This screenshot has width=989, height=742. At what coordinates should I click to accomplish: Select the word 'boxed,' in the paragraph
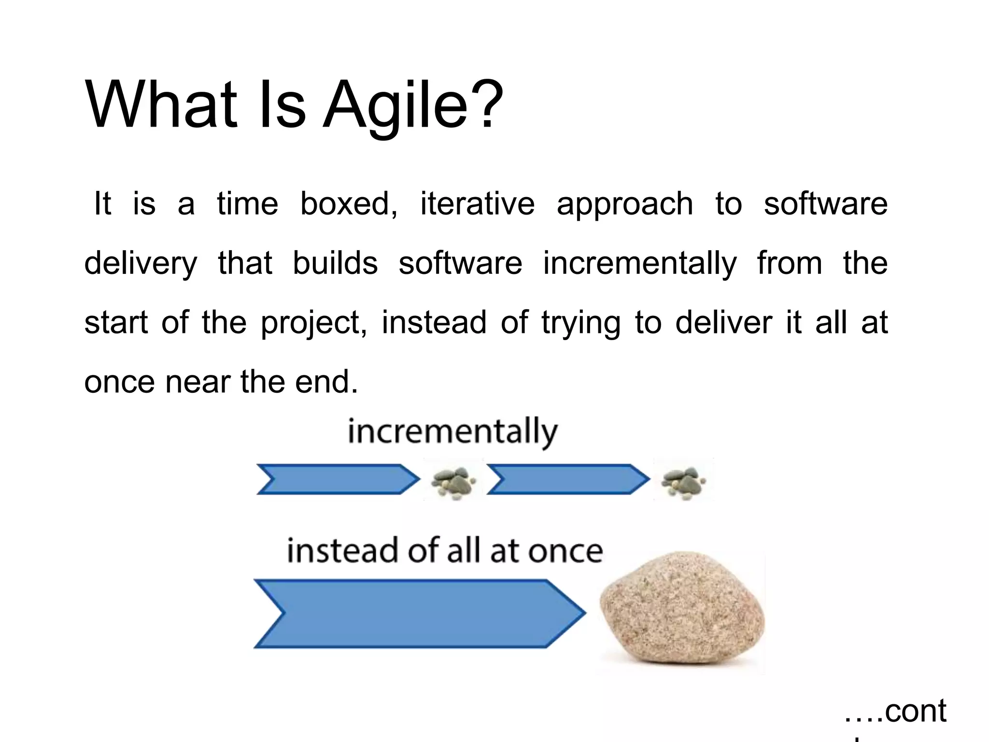(349, 204)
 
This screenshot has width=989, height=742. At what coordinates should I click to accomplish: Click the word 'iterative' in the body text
(477, 203)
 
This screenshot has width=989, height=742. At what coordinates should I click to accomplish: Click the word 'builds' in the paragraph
(335, 263)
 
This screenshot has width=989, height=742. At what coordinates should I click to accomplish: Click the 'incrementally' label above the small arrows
(452, 431)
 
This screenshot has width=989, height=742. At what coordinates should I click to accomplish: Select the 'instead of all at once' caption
(445, 550)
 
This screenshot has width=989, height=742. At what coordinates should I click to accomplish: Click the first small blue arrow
(337, 479)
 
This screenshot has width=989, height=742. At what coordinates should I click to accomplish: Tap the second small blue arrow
(567, 479)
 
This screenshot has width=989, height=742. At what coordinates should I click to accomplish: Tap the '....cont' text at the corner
(895, 711)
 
